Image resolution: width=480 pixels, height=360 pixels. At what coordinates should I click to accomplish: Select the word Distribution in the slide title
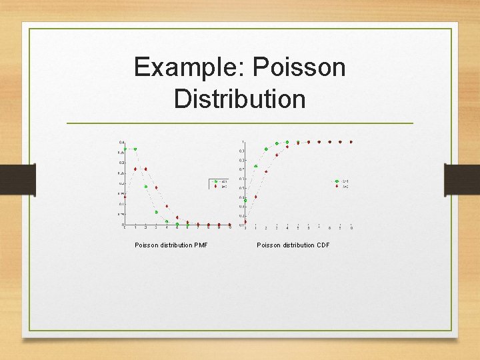239,99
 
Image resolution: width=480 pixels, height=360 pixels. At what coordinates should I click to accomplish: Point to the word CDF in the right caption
323,245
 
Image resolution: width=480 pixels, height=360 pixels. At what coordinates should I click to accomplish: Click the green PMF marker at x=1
135,149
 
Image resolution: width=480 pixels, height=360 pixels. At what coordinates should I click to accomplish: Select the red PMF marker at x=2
145,169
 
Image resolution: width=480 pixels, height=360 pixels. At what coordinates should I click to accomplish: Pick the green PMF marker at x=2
145,187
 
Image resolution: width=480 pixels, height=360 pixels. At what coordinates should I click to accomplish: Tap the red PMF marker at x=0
125,197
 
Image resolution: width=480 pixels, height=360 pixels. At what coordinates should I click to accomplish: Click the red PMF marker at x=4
167,207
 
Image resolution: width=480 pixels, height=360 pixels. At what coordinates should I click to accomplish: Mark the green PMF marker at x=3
156,212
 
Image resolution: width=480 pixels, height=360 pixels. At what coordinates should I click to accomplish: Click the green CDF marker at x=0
245,200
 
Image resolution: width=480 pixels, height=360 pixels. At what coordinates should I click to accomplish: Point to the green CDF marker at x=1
255,167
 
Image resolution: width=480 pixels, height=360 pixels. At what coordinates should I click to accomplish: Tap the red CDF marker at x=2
266,171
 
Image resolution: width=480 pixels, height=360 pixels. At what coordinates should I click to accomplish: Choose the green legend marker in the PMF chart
216,181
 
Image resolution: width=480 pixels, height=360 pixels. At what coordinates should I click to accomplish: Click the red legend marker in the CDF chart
337,186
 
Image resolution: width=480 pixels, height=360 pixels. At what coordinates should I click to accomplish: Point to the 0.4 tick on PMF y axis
121,143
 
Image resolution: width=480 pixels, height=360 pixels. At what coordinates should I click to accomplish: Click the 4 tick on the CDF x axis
287,228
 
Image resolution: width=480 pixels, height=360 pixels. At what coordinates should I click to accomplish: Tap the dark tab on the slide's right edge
462,180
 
